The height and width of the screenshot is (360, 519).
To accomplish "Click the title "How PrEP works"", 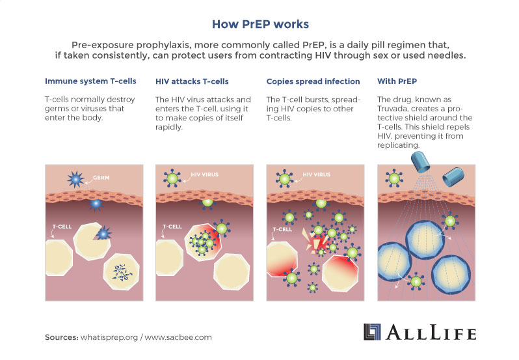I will tap(259, 25).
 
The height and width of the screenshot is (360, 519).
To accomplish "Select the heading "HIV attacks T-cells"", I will tap(192, 81).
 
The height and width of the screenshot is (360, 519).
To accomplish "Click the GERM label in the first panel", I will tap(100, 177).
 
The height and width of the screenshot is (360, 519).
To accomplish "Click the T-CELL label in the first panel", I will tap(63, 227).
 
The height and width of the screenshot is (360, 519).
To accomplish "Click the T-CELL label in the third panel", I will tap(282, 229).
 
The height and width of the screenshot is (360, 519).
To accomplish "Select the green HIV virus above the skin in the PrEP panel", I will tap(394, 177).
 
